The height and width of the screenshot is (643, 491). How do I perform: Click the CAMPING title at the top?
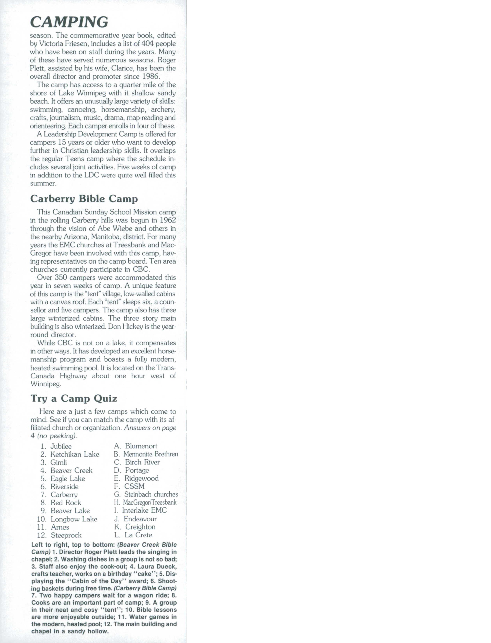tap(69, 22)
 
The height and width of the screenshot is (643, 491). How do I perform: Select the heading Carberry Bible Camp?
tap(84, 199)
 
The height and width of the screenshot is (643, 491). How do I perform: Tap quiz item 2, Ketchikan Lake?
tap(75, 454)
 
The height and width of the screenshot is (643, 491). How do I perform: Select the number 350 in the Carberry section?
tap(61, 277)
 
